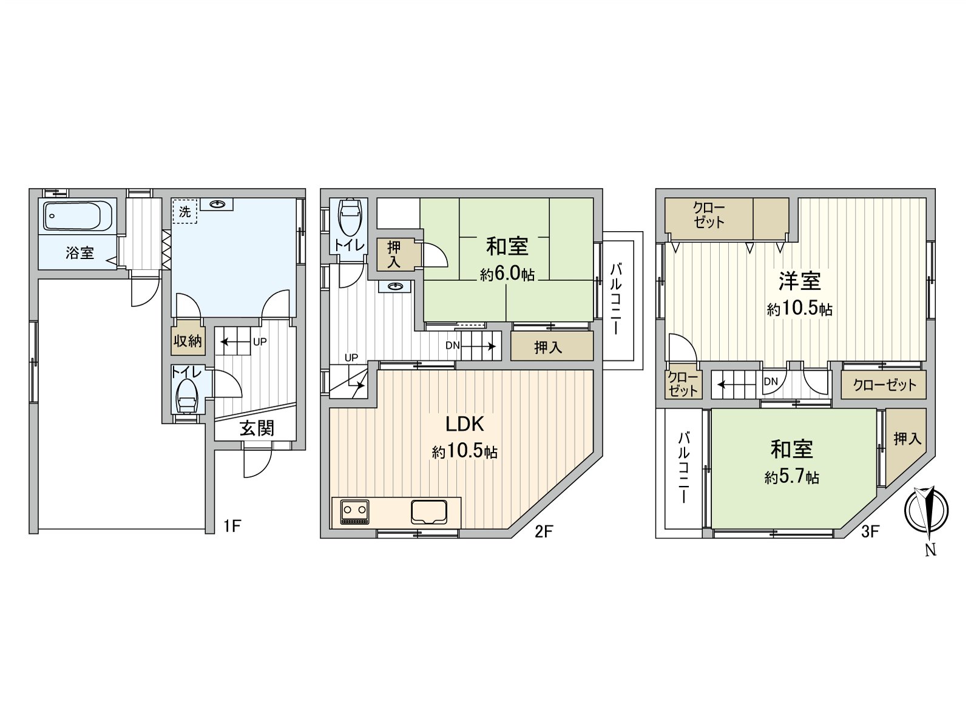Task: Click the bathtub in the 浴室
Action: [78, 215]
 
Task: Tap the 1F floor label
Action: [232, 526]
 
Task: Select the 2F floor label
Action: [544, 532]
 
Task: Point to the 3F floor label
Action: [870, 532]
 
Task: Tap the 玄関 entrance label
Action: [257, 428]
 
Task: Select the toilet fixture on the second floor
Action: [349, 218]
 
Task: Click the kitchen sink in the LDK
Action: [429, 511]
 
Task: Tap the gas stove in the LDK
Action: [354, 512]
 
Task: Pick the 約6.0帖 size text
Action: [507, 274]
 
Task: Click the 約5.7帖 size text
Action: [792, 477]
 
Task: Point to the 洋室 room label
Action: [800, 281]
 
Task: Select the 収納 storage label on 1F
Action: [188, 341]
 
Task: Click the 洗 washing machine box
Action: [184, 212]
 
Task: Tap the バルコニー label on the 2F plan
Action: [615, 298]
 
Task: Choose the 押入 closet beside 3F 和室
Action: [907, 438]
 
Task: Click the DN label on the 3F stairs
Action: [771, 382]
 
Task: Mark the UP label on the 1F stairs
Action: [260, 342]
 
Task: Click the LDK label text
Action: [464, 424]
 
